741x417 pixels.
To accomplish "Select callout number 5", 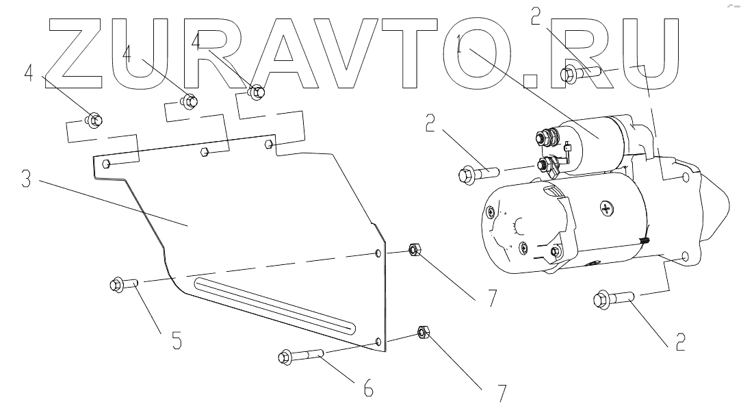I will tap(177, 340).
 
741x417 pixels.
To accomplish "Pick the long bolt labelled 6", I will tap(302, 356).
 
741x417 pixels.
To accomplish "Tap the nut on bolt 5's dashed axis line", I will tap(413, 250).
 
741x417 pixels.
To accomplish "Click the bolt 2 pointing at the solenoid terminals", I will tap(473, 173).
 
